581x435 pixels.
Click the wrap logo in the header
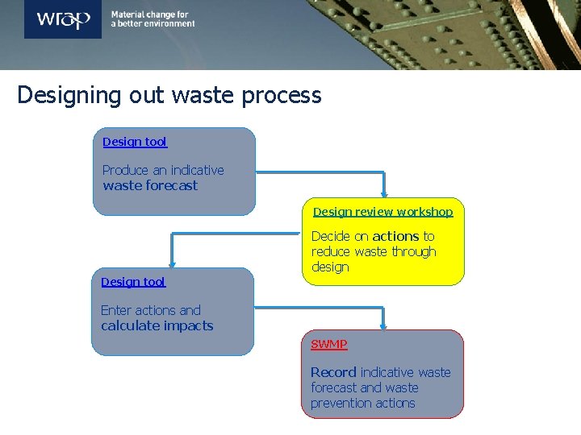[63, 19]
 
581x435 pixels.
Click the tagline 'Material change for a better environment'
[153, 19]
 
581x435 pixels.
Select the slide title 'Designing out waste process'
[169, 95]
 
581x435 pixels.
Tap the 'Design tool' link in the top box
[135, 142]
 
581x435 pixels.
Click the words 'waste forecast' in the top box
[150, 185]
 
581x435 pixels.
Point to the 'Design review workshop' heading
[383, 212]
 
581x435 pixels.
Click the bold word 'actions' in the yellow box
[395, 236]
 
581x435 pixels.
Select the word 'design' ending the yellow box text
[330, 267]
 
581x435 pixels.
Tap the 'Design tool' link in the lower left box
[133, 282]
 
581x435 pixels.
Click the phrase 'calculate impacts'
[157, 325]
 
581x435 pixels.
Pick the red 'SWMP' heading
[329, 344]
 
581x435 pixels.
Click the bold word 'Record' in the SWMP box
[333, 372]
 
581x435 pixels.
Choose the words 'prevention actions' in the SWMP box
[363, 403]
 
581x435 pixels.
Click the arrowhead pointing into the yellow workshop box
[385, 193]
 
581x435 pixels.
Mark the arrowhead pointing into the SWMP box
[385, 325]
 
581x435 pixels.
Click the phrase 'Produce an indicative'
[163, 170]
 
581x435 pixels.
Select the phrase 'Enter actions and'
[151, 310]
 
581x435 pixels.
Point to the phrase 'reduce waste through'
[374, 251]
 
